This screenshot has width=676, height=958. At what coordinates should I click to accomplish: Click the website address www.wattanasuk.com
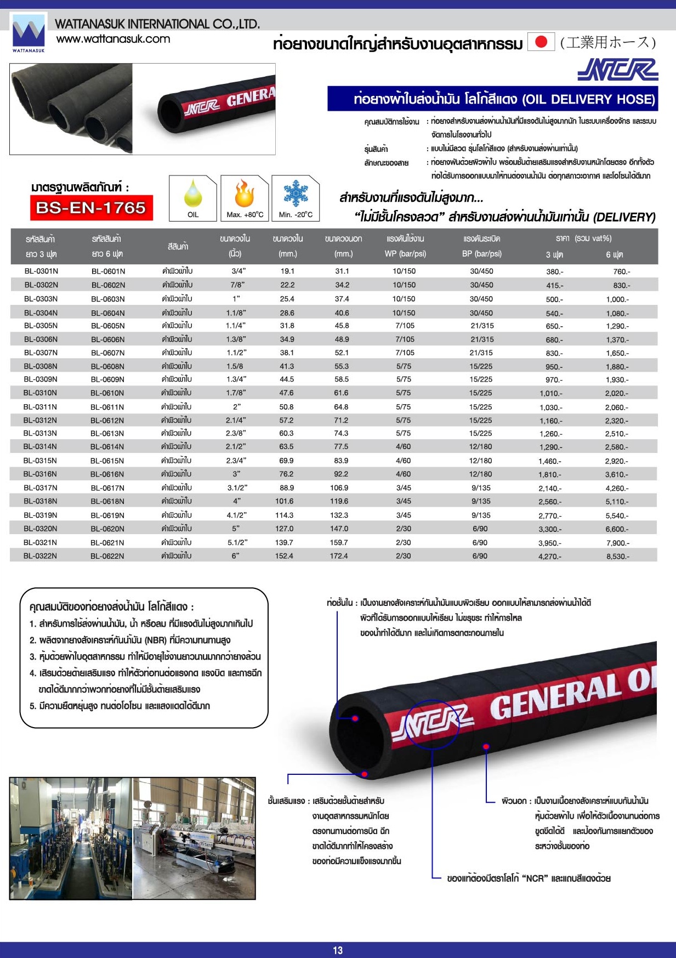(113, 39)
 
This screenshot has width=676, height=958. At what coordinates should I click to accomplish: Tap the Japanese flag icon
(541, 42)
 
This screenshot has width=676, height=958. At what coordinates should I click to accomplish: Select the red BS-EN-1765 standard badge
(91, 208)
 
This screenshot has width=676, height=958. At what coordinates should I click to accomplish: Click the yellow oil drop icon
(193, 192)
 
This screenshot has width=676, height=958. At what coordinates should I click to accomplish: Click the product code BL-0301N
(41, 271)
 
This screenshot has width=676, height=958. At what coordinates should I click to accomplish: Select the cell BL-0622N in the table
(107, 556)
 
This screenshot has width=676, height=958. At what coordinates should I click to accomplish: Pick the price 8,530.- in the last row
(617, 557)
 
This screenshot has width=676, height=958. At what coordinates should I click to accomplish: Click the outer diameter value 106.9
(339, 487)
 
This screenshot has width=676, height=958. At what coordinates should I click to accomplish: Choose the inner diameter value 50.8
(286, 407)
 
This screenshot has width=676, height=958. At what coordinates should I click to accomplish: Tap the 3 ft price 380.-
(554, 271)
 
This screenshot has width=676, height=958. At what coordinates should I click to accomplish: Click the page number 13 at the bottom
(338, 950)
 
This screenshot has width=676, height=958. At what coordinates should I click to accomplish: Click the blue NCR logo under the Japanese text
(617, 70)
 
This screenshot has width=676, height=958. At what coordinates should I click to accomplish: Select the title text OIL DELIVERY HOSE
(589, 99)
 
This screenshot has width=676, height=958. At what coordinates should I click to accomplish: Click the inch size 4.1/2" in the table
(237, 515)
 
